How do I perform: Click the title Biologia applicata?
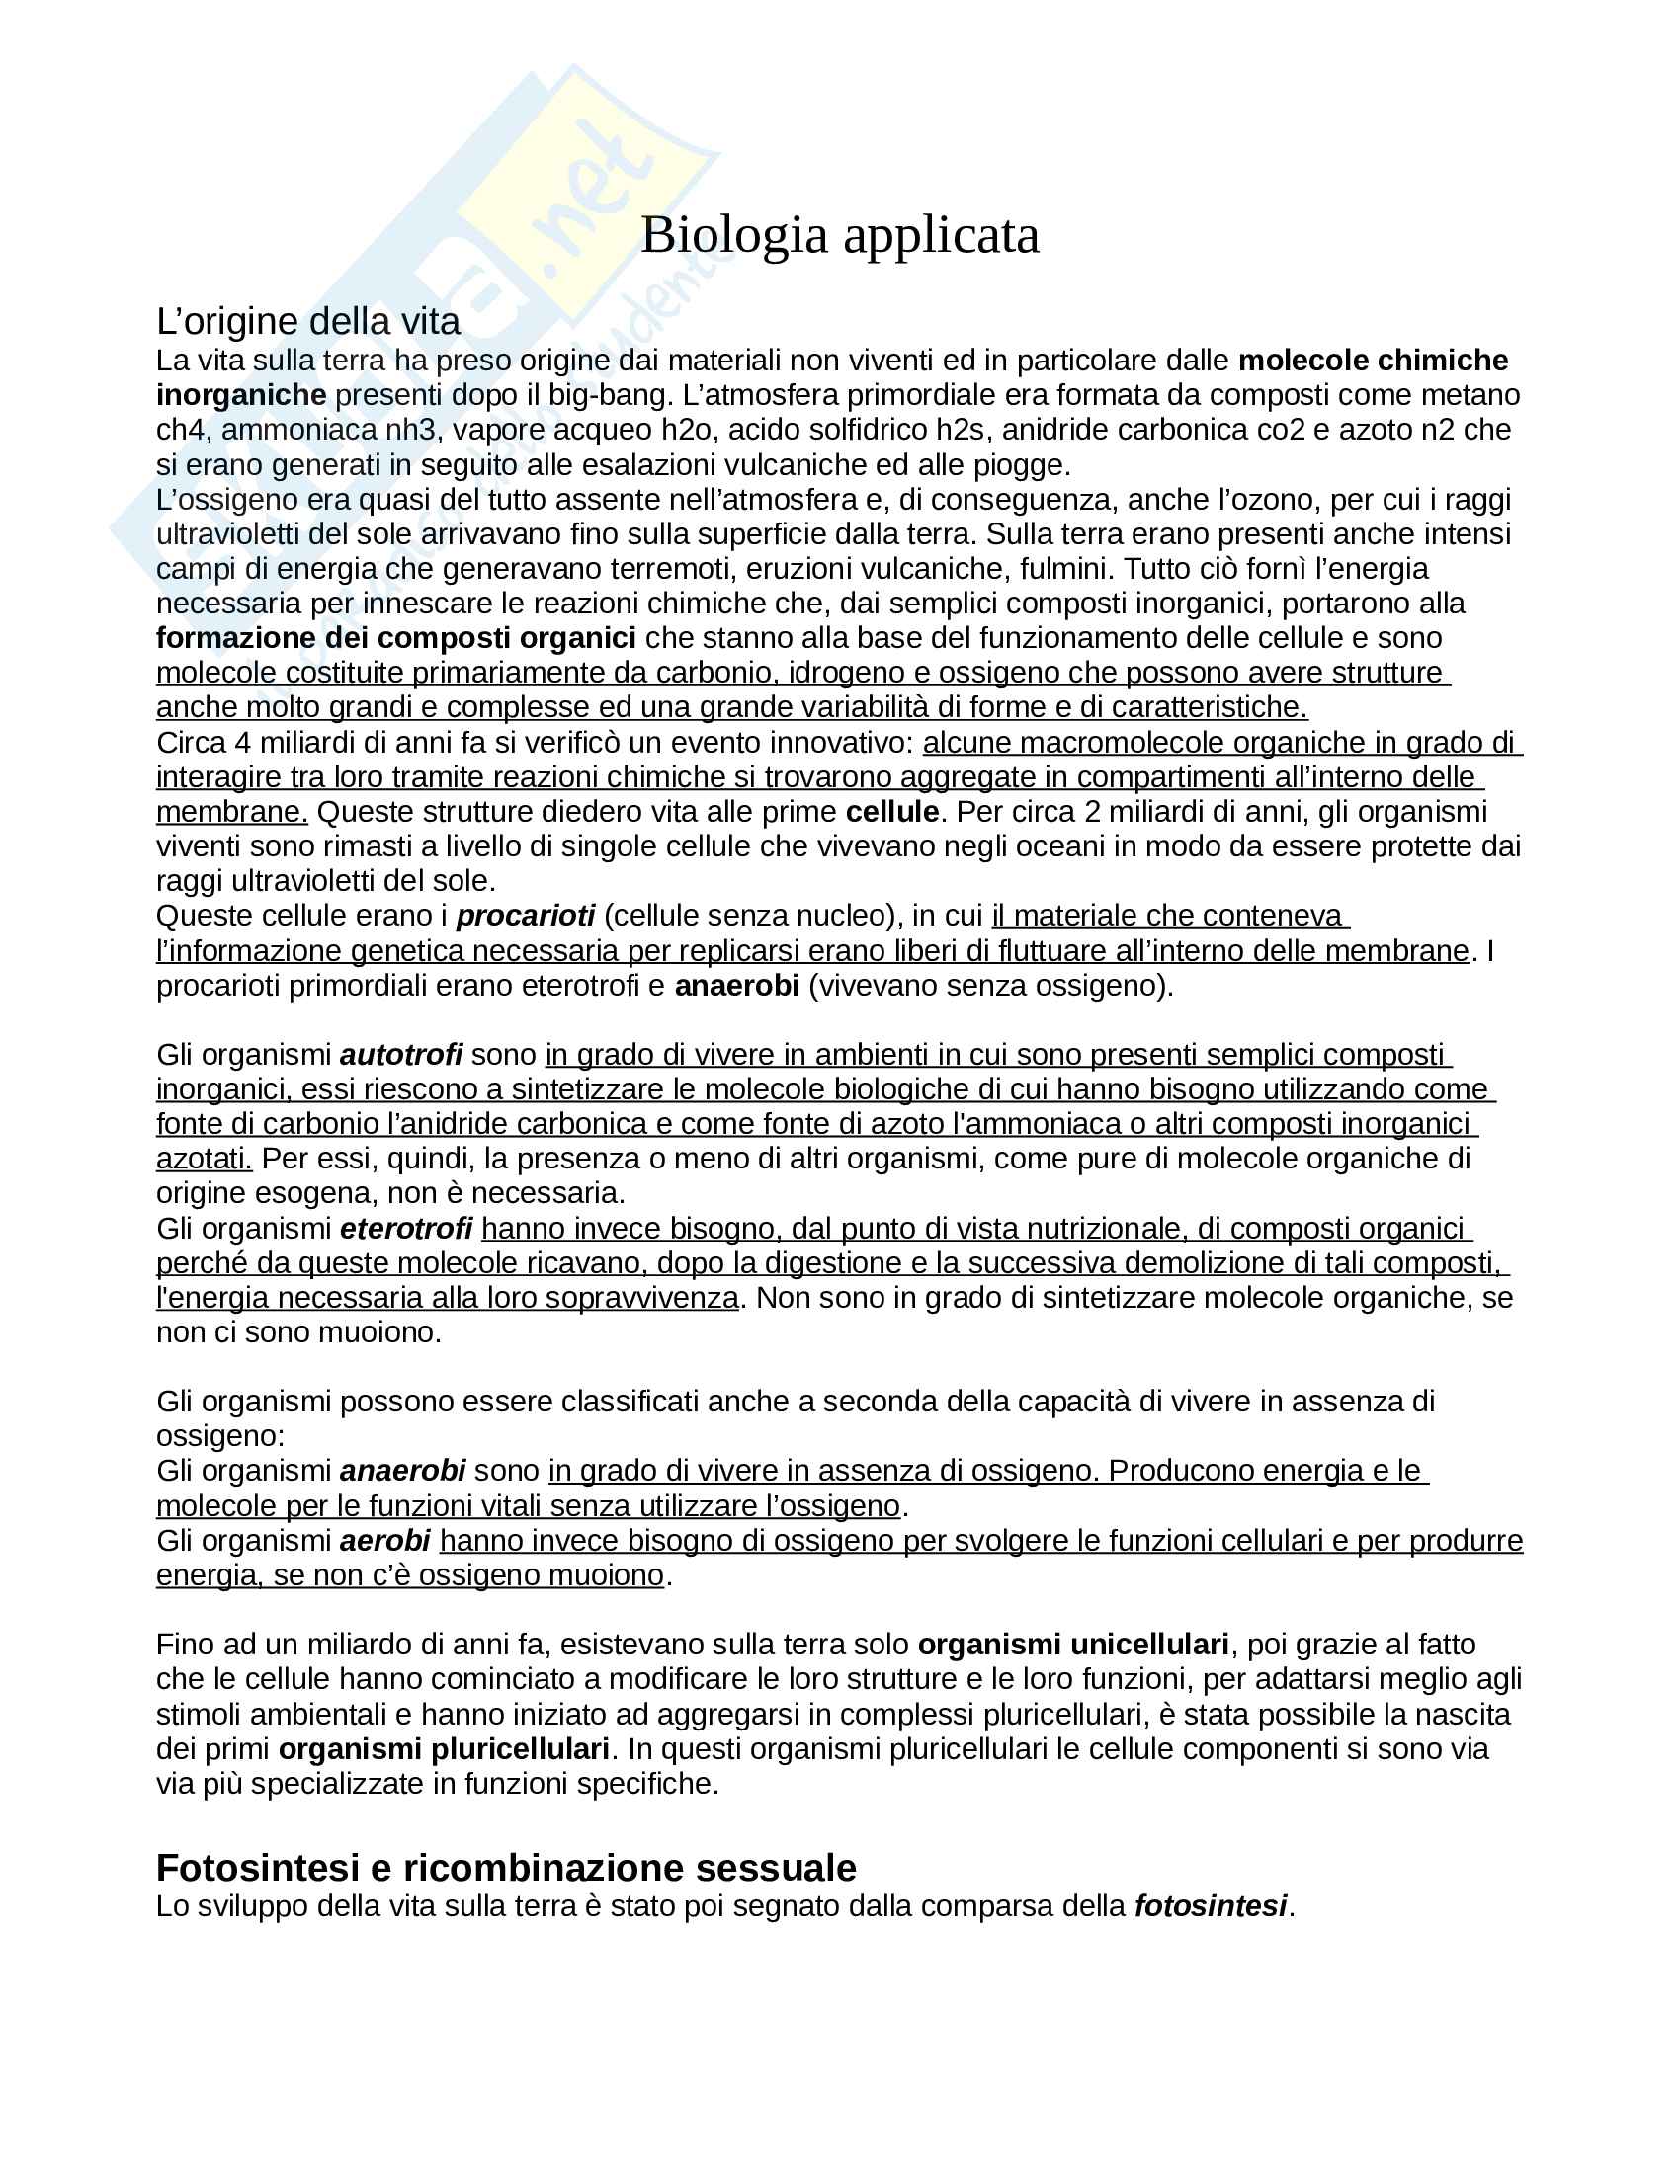[x=839, y=236]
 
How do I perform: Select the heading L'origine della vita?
[x=307, y=321]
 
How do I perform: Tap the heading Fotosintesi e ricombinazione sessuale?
[x=506, y=1868]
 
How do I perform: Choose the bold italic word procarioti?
[x=525, y=916]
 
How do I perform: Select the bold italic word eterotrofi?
[x=405, y=1229]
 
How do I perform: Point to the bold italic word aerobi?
[x=384, y=1541]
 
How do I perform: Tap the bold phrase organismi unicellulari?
[x=1072, y=1645]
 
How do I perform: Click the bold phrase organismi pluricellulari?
[x=443, y=1749]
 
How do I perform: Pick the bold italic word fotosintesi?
[x=1211, y=1906]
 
